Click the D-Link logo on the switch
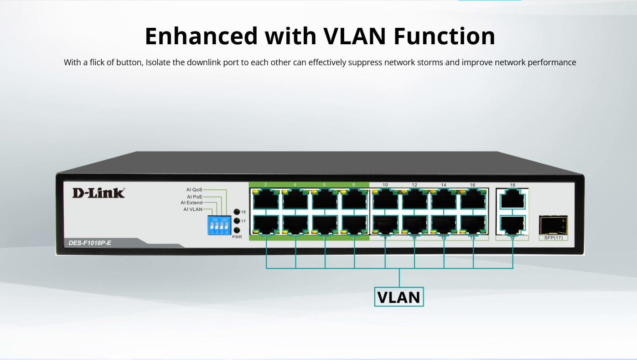[x=98, y=193]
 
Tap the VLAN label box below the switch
[x=399, y=297]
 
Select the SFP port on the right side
[x=553, y=224]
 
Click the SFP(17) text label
[x=554, y=238]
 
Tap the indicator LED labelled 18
[x=237, y=212]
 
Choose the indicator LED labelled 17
[x=237, y=221]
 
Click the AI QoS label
[x=194, y=189]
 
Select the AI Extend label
[x=192, y=203]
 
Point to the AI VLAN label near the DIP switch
[x=192, y=209]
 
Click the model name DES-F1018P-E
[x=90, y=243]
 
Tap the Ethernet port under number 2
[x=266, y=199]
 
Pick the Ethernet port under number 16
[x=473, y=199]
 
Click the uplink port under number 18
[x=513, y=199]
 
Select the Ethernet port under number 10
[x=385, y=199]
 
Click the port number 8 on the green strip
[x=353, y=185]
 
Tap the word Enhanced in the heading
[x=201, y=36]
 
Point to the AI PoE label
[x=195, y=197]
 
